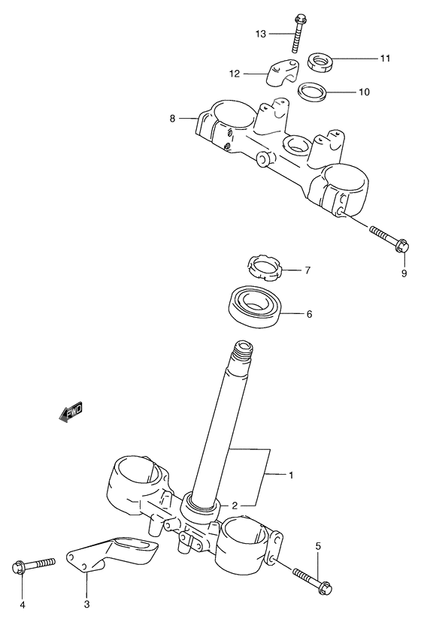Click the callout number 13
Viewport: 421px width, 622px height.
tap(260, 33)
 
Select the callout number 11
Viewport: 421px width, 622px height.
tap(385, 58)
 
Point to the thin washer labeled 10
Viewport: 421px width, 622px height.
tap(313, 93)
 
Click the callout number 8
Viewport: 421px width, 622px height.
tap(172, 118)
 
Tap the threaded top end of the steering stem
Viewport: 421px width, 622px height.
tap(245, 351)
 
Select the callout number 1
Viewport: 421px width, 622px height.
tap(291, 475)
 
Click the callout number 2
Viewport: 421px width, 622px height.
tap(235, 506)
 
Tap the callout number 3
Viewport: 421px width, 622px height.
tap(86, 604)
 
